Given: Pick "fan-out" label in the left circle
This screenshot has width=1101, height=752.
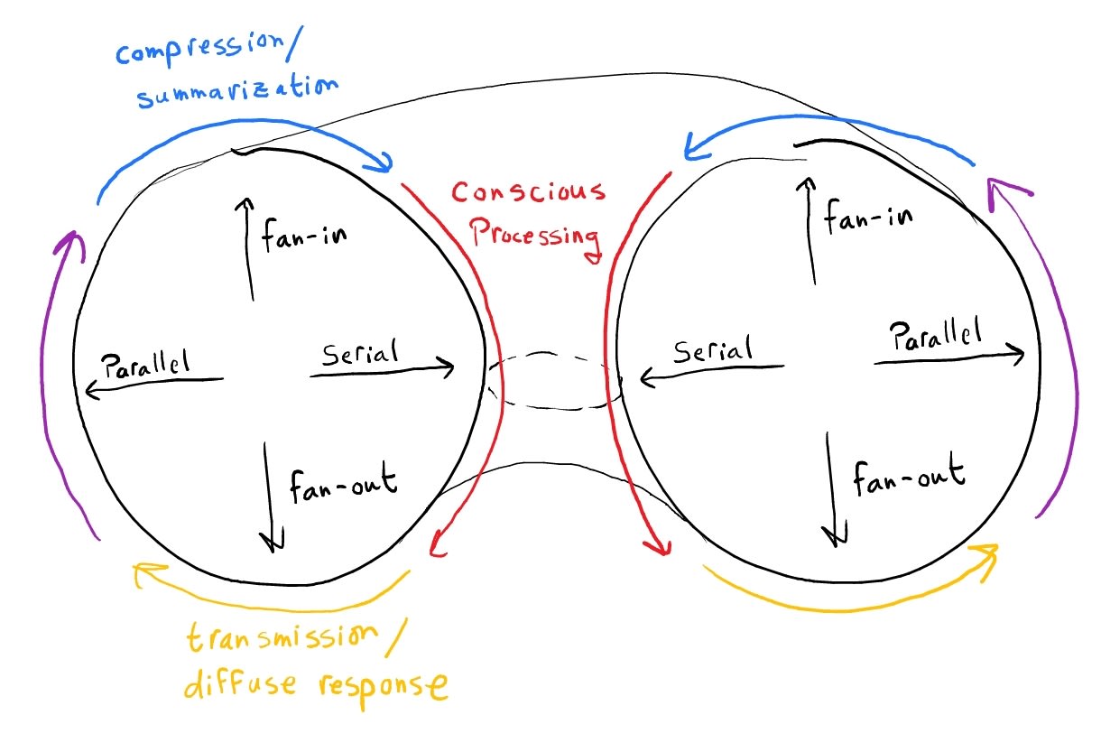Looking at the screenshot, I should [343, 485].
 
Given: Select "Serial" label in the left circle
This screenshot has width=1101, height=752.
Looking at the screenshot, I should [359, 351].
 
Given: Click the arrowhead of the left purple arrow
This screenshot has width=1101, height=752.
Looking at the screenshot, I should [71, 237].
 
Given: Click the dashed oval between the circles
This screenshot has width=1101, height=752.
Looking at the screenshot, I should [554, 379].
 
